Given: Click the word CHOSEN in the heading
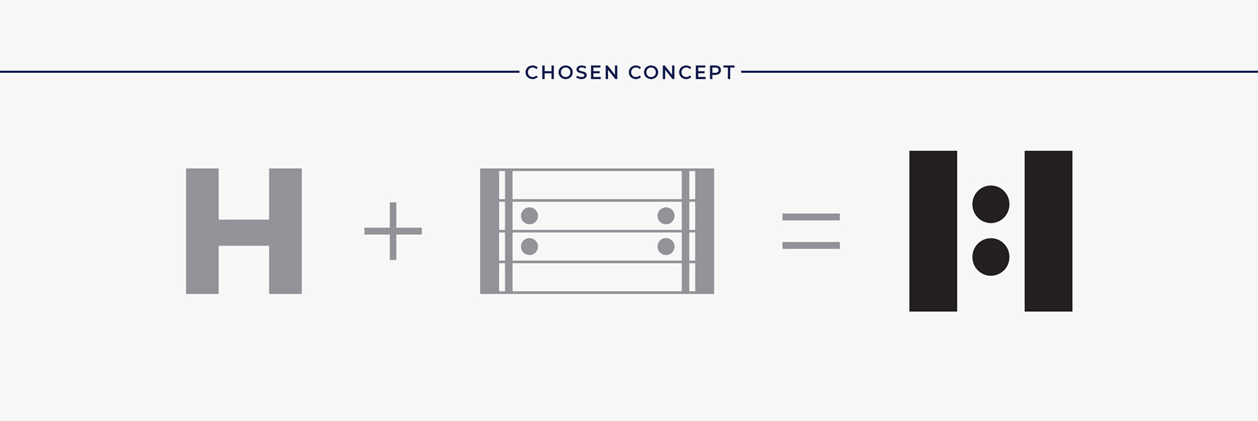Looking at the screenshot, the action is click(572, 72).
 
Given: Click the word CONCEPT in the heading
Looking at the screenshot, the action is click(682, 72).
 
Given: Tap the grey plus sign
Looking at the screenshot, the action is click(393, 231).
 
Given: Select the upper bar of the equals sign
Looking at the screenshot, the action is click(811, 217).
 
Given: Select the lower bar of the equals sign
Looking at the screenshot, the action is click(811, 246).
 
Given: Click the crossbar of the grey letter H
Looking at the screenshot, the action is click(244, 232).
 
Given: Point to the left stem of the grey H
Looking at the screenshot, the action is click(202, 231).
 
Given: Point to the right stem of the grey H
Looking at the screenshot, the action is click(286, 231).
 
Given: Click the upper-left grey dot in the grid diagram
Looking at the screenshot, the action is click(529, 215).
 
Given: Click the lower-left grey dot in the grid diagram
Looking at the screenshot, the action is click(529, 246).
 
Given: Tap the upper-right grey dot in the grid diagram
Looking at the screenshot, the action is click(666, 215).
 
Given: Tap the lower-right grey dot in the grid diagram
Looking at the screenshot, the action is click(666, 246).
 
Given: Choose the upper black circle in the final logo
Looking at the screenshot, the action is click(991, 204).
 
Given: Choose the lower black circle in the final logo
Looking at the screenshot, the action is click(991, 257).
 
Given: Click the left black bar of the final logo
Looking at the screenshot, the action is click(933, 231).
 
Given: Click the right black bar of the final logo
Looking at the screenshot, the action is click(1048, 231).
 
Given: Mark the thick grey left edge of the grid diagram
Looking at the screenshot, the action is click(489, 231).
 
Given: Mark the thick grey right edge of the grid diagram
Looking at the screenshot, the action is click(704, 231).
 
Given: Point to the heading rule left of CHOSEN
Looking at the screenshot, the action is click(259, 71).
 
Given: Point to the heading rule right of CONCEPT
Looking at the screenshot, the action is click(1000, 71).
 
